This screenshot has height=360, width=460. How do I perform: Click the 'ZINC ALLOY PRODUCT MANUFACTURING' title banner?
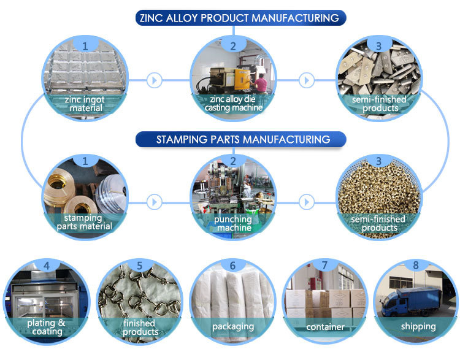point(240,18)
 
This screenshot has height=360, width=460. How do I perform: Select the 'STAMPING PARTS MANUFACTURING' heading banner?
point(240,139)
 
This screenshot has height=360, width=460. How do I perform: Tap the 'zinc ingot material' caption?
point(85,104)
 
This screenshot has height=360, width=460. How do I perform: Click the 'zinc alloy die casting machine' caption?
point(234,103)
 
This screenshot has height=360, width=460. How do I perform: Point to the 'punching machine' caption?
point(234,224)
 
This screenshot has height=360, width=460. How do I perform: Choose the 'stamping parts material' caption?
point(84,222)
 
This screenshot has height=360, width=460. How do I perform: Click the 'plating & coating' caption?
point(47,327)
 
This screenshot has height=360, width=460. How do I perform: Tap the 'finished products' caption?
point(140,327)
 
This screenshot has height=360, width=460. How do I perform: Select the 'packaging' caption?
point(233,326)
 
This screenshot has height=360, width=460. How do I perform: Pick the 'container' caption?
point(325,327)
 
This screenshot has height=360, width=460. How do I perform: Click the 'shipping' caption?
point(418,326)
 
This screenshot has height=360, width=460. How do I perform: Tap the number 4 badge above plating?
point(47,265)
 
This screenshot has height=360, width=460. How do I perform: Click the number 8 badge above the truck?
point(416,265)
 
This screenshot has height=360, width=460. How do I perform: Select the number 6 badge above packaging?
point(232,266)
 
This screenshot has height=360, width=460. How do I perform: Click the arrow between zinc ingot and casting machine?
point(155,80)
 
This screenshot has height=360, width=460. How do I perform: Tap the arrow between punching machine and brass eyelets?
point(307,202)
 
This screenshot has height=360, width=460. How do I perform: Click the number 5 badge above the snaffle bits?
point(140,266)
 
